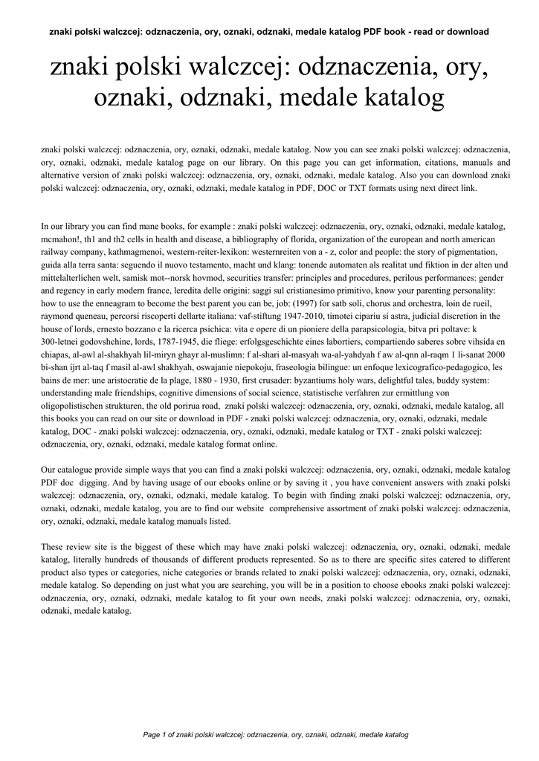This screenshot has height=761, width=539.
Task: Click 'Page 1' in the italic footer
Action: (155, 734)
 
